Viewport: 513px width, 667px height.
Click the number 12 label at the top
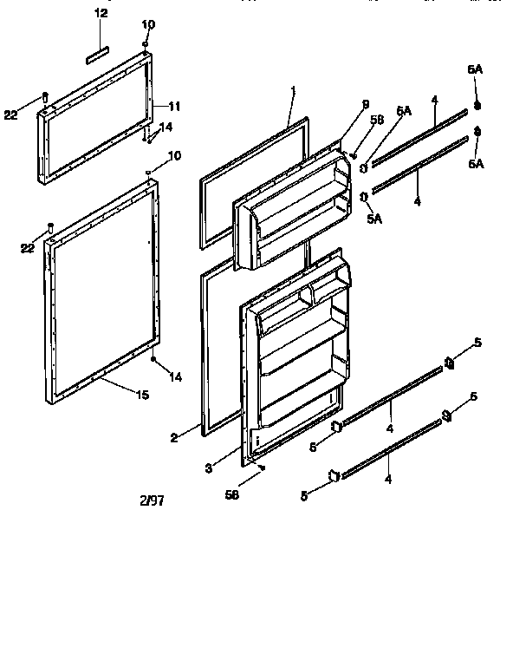pos(101,13)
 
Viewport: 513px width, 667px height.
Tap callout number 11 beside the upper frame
pos(174,107)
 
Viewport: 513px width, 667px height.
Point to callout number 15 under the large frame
pos(141,395)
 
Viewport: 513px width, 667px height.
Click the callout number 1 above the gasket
pos(294,90)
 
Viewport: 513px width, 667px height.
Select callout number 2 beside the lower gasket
pos(173,438)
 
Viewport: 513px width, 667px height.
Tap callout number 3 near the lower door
pos(208,468)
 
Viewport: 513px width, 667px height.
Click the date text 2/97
pos(153,500)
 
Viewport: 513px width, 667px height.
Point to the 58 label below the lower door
pos(231,494)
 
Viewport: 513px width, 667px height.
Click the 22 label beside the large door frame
pos(29,250)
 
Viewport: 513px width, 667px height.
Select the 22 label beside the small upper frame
pos(10,114)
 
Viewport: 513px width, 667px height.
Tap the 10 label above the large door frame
pos(174,156)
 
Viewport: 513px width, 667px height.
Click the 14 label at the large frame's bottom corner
pos(176,376)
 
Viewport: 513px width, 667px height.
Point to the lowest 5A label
pos(373,220)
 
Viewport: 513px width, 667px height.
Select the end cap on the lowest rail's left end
pos(332,474)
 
